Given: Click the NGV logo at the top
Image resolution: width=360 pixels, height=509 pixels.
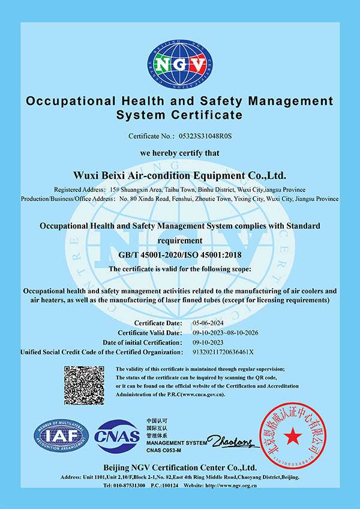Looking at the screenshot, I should click(180, 64).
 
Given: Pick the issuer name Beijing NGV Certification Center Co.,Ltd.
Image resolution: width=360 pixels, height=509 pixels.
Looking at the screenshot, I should click(179, 467).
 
